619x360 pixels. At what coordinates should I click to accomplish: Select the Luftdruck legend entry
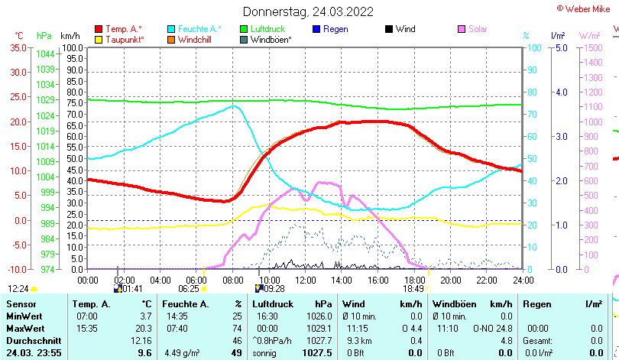[267, 29]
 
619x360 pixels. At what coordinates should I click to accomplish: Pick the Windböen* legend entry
[271, 39]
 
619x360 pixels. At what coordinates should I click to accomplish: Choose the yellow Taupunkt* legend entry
[124, 39]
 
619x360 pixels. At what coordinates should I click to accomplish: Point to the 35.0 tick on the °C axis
[17, 47]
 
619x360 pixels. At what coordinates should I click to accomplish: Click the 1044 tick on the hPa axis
[45, 54]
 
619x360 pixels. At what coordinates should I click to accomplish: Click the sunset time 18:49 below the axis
[413, 289]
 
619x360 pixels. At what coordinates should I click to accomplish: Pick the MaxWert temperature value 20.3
[144, 328]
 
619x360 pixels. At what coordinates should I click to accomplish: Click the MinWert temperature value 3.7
[146, 316]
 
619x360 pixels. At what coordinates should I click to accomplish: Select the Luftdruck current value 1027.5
[317, 353]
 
